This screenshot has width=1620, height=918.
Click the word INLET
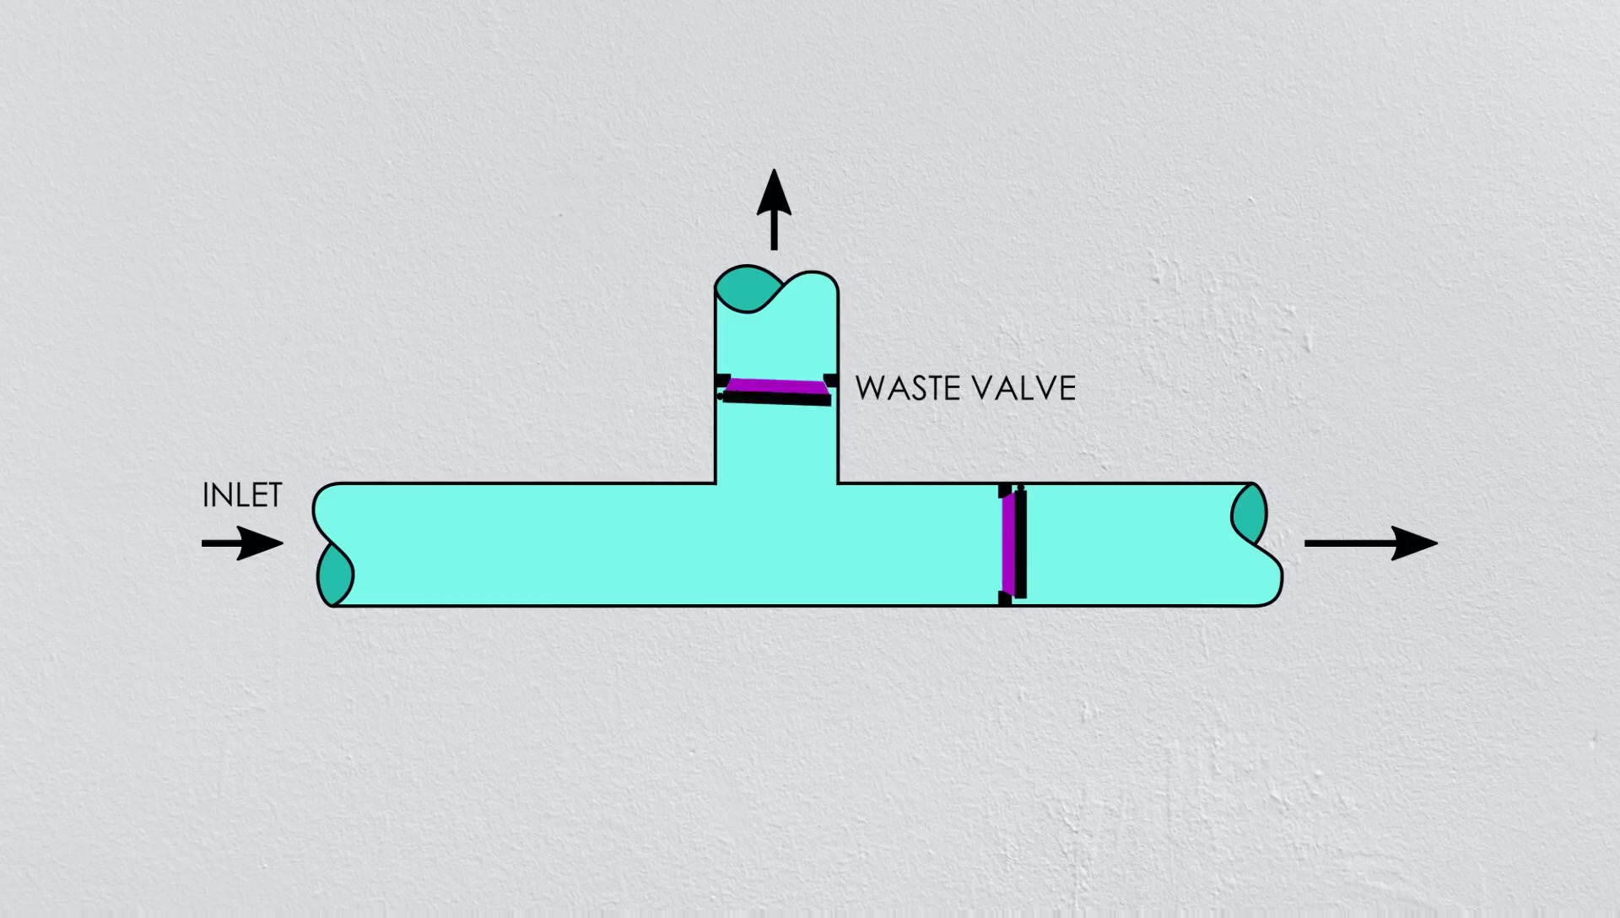tap(242, 496)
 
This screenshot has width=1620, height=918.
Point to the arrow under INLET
tap(242, 543)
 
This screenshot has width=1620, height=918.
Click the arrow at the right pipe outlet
tap(1370, 543)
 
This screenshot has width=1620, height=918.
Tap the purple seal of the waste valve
tap(776, 386)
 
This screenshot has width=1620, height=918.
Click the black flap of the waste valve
tap(776, 399)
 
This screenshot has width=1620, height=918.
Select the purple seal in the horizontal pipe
tap(1007, 544)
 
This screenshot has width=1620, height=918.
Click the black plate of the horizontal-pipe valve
tap(1020, 544)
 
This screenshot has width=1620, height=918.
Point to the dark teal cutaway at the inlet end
tap(335, 575)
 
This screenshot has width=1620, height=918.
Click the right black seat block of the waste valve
tap(831, 380)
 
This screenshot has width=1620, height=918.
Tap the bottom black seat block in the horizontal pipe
tap(1004, 598)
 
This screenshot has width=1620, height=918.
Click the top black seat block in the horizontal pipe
tap(1004, 490)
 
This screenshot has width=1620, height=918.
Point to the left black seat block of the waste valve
tap(721, 380)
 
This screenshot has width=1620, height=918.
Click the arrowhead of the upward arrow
tap(774, 186)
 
